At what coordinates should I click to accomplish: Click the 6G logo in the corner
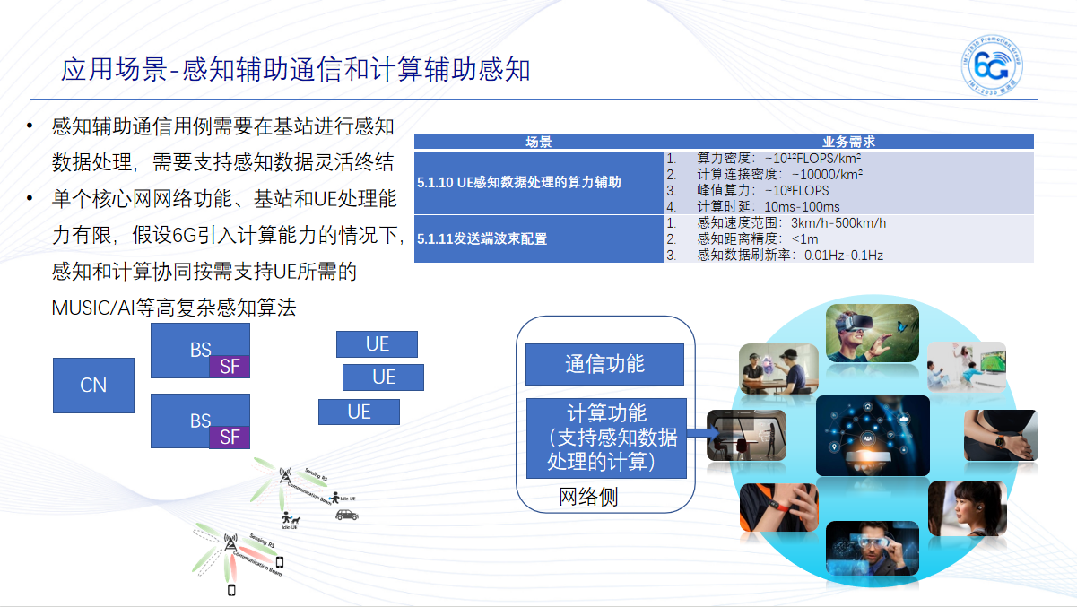[994, 65]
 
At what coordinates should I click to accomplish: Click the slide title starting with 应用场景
[295, 70]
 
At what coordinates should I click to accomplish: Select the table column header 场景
[538, 142]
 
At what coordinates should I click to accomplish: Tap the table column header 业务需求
[848, 142]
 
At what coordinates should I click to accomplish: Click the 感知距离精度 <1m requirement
[757, 238]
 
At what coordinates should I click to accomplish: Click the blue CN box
[93, 386]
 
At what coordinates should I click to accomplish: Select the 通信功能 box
[604, 364]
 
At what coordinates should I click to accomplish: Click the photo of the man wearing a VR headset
[872, 333]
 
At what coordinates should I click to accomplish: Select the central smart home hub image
[872, 435]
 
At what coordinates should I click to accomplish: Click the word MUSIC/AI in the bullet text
[93, 308]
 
